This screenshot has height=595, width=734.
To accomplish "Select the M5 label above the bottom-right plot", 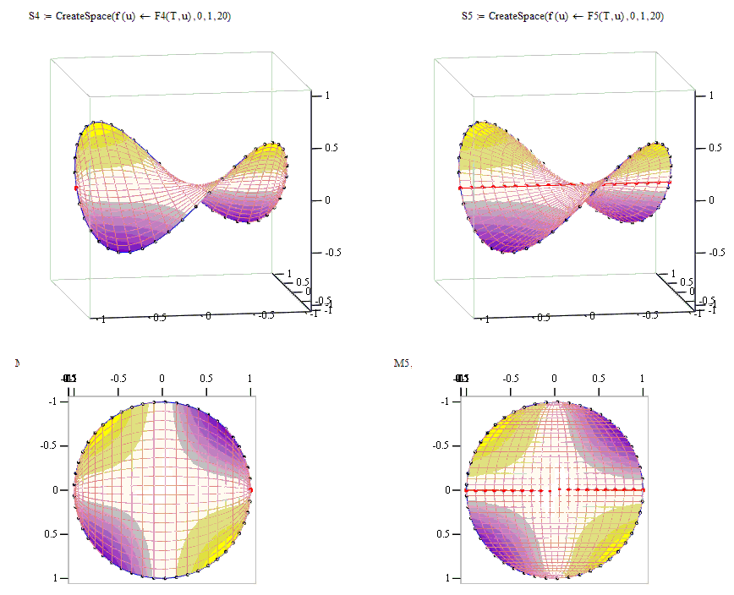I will pyautogui.click(x=403, y=363).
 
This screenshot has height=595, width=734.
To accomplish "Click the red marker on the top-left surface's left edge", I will pyautogui.click(x=76, y=188).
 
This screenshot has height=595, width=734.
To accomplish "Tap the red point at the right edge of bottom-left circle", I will pyautogui.click(x=251, y=489).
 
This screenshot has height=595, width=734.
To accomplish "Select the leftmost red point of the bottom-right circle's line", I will pyautogui.click(x=466, y=490).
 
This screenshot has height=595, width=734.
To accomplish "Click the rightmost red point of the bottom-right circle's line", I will pyautogui.click(x=643, y=490).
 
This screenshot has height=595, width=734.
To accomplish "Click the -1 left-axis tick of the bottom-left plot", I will pyautogui.click(x=55, y=401).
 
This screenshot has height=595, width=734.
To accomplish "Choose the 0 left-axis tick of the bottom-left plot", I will pyautogui.click(x=56, y=490).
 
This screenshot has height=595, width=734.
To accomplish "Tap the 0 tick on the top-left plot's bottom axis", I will pyautogui.click(x=209, y=315).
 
